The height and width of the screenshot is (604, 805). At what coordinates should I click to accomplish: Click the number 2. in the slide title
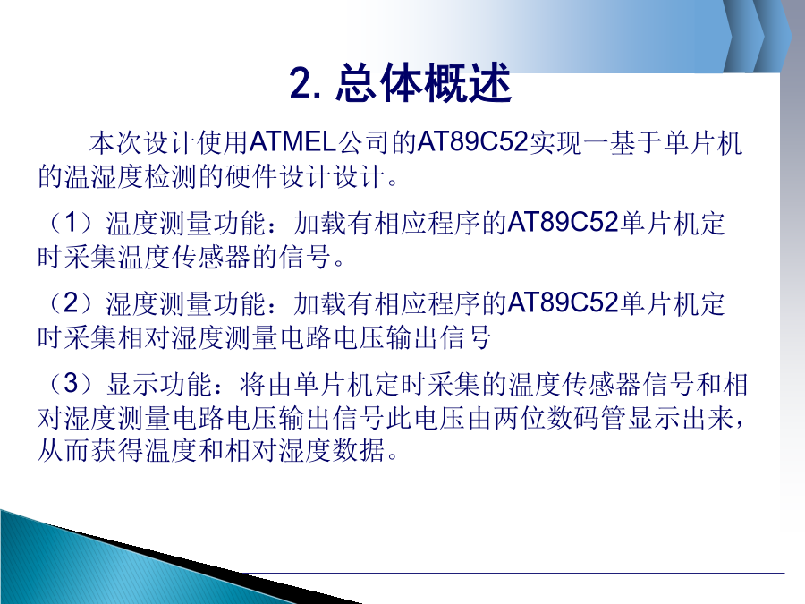coord(306,84)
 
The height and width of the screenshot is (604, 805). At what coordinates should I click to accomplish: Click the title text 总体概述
coord(424,83)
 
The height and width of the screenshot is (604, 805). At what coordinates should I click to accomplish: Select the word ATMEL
coord(292,141)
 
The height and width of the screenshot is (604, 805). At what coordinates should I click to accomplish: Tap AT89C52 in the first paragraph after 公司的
coord(473,141)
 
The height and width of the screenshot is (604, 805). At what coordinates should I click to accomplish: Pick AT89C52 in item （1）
coord(563,223)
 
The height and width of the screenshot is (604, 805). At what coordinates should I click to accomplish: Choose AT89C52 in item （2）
coord(563,303)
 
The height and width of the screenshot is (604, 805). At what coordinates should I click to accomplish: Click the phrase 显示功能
coord(159,384)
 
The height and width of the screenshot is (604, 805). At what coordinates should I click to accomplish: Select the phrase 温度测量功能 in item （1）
coord(186,224)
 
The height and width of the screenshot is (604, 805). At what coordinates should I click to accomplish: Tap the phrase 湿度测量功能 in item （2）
coord(186,303)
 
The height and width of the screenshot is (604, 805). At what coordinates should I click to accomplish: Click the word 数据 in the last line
coord(359,450)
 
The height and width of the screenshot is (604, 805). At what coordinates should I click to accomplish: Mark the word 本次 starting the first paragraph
coord(115,142)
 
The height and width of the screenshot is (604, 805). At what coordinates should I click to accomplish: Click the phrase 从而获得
coord(90,450)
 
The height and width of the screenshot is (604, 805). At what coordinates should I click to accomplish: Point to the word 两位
coord(519,418)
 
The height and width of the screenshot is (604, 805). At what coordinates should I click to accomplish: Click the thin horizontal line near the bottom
coord(514,572)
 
